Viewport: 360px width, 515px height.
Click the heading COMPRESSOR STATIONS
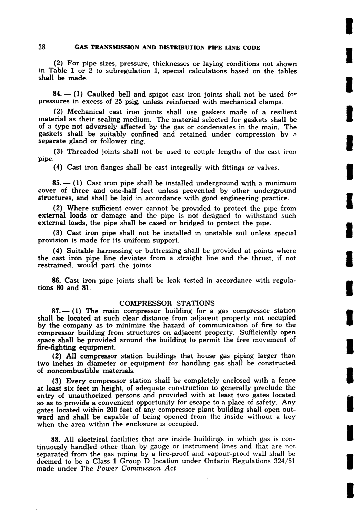point(167,303)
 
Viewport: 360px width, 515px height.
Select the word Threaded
point(83,152)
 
